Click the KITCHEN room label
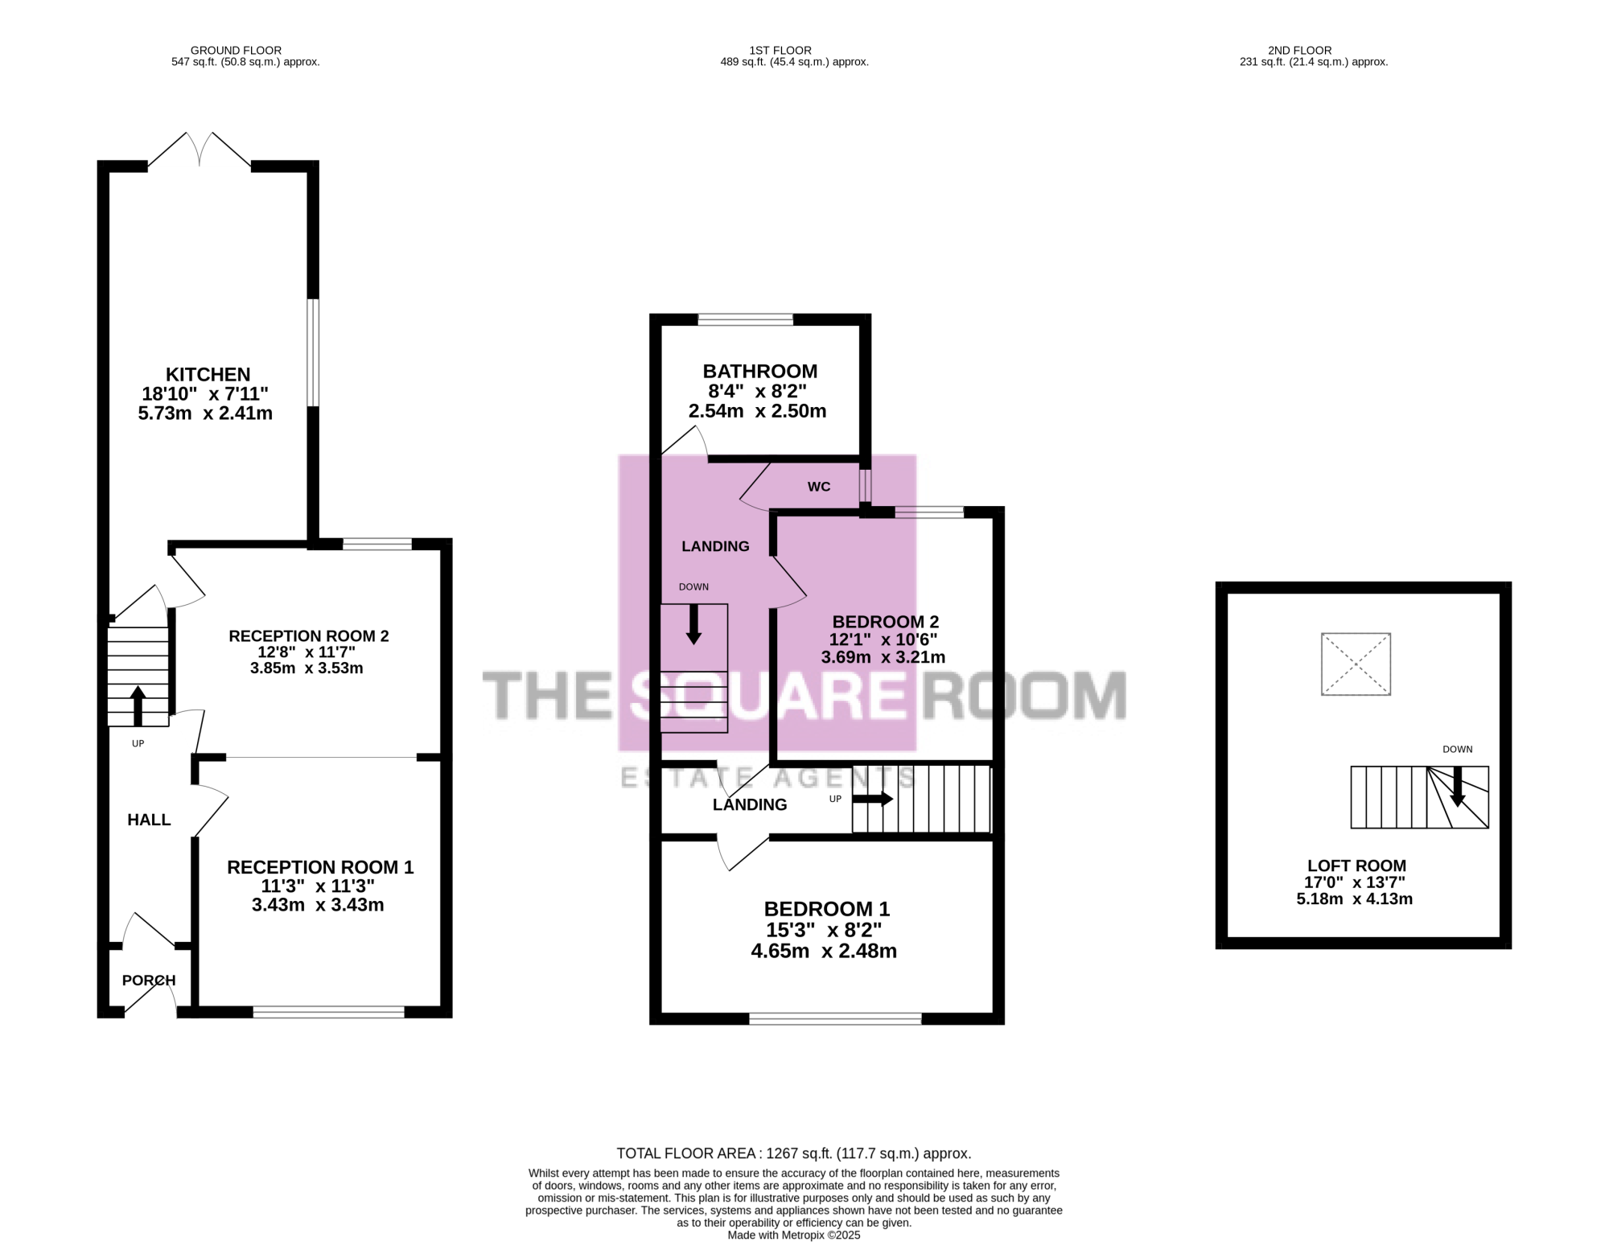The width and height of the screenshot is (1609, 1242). coord(208,374)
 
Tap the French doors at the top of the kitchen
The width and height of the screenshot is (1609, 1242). coord(199,150)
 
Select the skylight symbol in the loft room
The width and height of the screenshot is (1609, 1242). coord(1356,664)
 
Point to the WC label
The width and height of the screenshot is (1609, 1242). coord(819,487)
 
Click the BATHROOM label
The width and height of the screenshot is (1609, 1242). coord(760,371)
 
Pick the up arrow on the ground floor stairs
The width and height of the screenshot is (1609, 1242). coord(138,705)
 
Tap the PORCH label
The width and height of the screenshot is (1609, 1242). coord(149,981)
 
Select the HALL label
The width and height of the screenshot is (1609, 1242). coord(149,820)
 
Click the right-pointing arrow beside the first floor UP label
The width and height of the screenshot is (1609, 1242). coord(873,799)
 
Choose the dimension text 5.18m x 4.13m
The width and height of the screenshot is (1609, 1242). coord(1355,899)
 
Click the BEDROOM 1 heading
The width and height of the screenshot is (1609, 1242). coord(827,909)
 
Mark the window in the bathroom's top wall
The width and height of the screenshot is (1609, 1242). coord(745,319)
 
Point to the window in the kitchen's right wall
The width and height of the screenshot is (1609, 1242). coord(314,352)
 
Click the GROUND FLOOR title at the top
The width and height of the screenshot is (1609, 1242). coord(236,50)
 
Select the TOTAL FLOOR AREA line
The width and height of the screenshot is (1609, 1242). coord(794,1154)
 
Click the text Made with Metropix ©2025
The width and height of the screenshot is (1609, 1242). coord(794,1235)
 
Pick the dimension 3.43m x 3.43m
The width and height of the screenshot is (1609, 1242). coord(318,905)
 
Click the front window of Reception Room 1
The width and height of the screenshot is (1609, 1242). coord(328,1012)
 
